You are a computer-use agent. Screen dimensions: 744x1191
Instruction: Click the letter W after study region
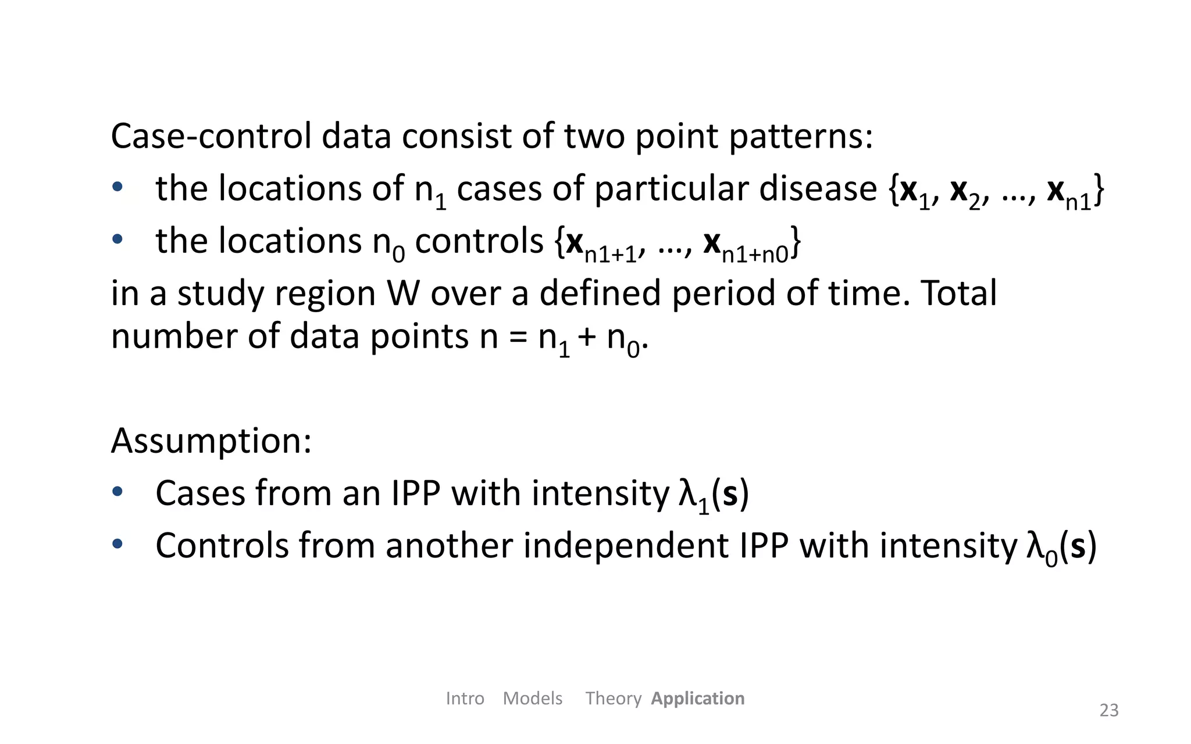tap(403, 293)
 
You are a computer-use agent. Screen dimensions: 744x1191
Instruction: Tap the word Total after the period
tap(959, 293)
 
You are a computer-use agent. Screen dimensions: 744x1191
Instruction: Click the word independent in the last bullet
tap(625, 546)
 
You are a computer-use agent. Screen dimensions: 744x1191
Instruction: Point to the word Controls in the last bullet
tap(222, 546)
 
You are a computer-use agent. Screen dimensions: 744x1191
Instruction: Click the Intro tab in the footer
tap(465, 698)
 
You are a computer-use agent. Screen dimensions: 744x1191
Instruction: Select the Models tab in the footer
tap(532, 698)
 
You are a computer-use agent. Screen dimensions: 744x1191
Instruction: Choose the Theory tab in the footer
tap(613, 698)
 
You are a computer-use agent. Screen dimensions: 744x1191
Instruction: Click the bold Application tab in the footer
tap(697, 698)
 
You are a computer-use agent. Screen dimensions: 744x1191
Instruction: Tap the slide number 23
tap(1108, 710)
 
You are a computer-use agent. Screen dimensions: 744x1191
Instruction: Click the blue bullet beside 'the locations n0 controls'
tap(117, 239)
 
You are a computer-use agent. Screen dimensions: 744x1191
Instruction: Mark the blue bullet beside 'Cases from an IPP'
tap(117, 492)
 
